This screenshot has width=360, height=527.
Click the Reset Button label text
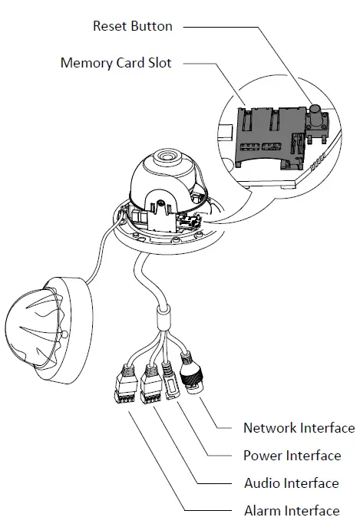pos(133,26)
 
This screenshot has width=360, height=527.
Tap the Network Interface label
pos(299,428)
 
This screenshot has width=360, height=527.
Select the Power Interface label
pos(292,456)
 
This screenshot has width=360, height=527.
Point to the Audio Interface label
pos(291,483)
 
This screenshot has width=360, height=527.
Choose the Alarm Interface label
pos(291,511)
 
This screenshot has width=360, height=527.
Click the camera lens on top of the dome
pos(165,158)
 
